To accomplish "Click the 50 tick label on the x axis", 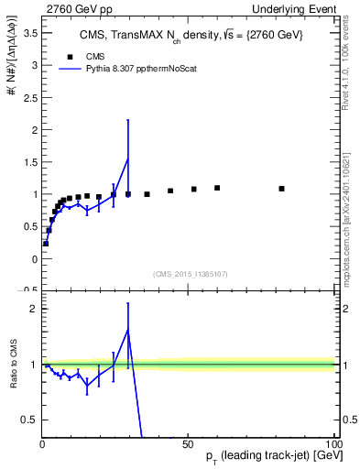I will coord(187,443).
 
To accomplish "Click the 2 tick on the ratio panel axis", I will coord(32,309).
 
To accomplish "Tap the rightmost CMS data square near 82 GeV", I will coord(281,189).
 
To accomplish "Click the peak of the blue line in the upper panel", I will coord(128,159).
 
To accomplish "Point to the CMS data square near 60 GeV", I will coord(217,188).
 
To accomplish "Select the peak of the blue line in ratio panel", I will coord(128,330).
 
